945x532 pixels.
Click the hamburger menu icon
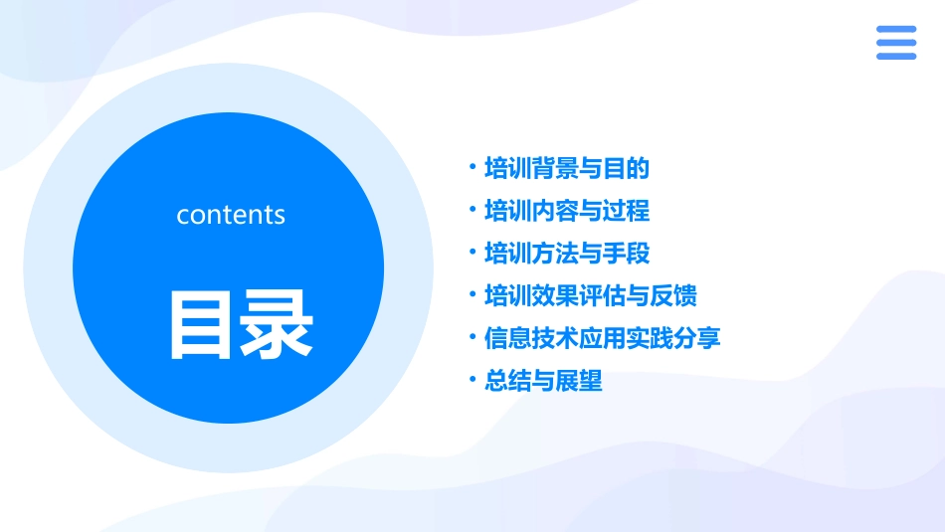pos(895,43)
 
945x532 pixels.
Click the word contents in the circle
pos(231,215)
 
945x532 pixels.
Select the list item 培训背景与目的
pos(566,168)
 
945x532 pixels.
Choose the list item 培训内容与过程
pos(566,211)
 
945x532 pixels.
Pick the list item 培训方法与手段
pos(566,254)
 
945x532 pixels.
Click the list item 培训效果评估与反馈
pos(590,296)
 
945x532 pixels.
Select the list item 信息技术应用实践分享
pos(602,338)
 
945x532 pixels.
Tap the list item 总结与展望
pos(543,381)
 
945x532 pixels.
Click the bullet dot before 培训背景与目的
pos(472,167)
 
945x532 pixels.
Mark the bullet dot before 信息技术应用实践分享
pos(472,337)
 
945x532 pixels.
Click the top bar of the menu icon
pos(895,29)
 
